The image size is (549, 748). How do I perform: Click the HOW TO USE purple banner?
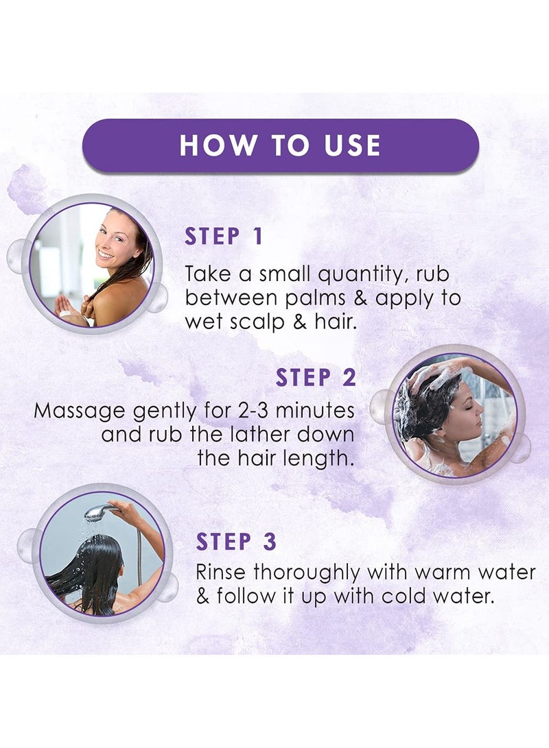click(x=280, y=145)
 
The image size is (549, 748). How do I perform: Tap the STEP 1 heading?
click(x=224, y=237)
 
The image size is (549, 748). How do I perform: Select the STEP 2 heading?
click(x=316, y=377)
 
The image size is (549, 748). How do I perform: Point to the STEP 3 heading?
click(x=236, y=542)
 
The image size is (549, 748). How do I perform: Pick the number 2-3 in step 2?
click(x=254, y=410)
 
